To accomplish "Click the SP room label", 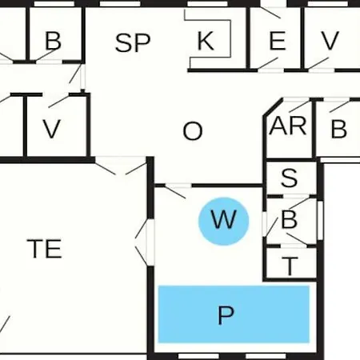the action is click(133, 42).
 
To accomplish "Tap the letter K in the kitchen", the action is click(206, 41).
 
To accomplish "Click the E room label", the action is click(278, 41).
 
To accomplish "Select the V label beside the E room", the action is click(330, 41).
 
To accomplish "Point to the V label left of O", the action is click(52, 129).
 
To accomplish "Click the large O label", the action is click(193, 131).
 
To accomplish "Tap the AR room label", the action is click(288, 126).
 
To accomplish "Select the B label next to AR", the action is click(338, 129).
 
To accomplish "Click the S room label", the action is click(289, 178).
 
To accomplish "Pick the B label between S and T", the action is click(289, 219).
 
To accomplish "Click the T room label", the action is click(290, 266).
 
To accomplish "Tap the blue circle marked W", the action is click(224, 221).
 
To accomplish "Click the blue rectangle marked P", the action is click(234, 314).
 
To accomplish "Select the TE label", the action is click(44, 249).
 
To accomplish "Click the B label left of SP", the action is click(53, 41).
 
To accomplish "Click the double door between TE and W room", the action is click(146, 242).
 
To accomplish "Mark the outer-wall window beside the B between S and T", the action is click(320, 220).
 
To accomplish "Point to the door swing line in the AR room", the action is click(299, 106).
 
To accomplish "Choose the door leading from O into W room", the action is click(175, 190).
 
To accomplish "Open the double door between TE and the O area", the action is click(121, 166).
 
